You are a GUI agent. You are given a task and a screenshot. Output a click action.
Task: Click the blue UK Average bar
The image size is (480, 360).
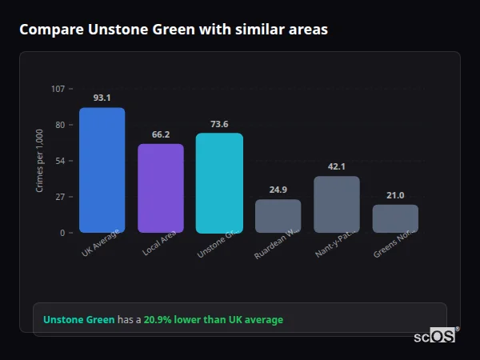(x=102, y=170)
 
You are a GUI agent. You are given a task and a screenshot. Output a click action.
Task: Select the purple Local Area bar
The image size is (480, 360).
(x=160, y=188)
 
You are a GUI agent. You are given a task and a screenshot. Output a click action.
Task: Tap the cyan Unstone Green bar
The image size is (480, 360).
(x=219, y=182)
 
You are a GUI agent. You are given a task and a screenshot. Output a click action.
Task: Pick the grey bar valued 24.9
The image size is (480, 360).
(x=278, y=216)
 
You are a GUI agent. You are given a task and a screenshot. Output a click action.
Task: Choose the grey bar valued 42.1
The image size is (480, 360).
(x=336, y=204)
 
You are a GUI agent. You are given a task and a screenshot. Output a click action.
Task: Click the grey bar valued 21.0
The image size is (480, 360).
(x=395, y=218)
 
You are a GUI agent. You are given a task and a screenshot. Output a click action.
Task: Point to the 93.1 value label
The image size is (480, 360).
(x=102, y=98)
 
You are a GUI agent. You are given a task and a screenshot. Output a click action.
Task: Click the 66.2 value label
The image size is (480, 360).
(x=160, y=134)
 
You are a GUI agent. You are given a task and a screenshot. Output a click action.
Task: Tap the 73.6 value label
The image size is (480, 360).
(x=219, y=124)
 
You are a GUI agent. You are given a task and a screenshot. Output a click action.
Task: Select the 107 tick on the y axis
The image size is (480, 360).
(x=58, y=89)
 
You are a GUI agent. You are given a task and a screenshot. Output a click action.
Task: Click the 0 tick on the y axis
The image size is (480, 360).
(x=62, y=233)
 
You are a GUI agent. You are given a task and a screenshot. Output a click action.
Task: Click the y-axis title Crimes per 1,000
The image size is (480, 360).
(x=39, y=161)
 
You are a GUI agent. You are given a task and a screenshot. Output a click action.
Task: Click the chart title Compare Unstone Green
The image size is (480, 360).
(x=173, y=30)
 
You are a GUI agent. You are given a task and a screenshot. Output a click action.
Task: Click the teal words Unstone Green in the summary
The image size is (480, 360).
(x=78, y=320)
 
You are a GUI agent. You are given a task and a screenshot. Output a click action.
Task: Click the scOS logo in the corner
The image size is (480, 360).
(x=435, y=336)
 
